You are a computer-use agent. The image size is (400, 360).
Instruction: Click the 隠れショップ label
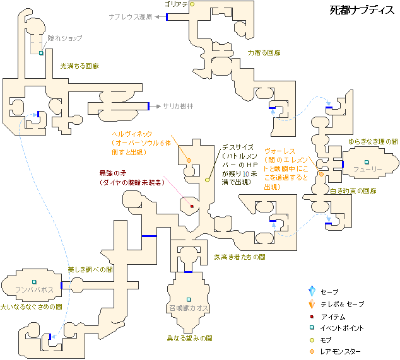coord(65,38)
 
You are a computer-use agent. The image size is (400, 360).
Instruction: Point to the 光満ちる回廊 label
coord(79,66)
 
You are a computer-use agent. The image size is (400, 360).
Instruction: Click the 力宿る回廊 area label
coord(264,54)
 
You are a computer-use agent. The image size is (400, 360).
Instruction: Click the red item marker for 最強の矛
coord(192,206)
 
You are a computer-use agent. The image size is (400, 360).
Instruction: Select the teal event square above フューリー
coord(366,162)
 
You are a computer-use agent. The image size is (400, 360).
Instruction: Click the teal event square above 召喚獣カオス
coord(188,299)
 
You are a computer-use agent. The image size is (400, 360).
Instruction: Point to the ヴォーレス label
coord(280,152)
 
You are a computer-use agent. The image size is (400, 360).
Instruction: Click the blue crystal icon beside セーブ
coord(311,292)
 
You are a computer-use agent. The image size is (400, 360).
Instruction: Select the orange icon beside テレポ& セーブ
coord(311,304)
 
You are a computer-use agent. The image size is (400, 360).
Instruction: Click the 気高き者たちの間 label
coord(239,257)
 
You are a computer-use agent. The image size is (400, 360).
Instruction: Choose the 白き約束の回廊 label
coord(353,191)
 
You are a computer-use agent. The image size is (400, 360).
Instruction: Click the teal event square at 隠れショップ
coord(42,54)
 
